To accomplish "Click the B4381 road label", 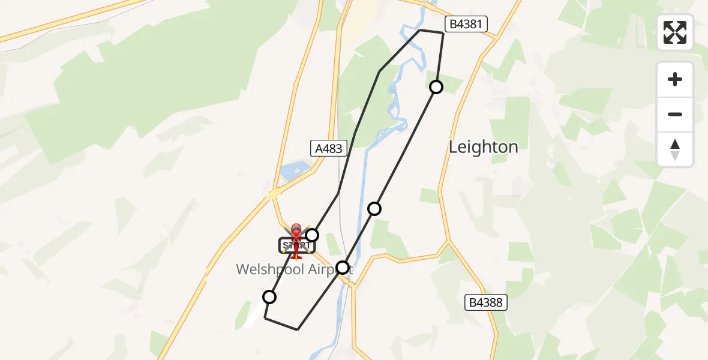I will coord(466,24).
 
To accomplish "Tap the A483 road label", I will coord(329,148).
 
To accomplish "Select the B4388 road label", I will coord(487,303).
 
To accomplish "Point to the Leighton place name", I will coord(483,147).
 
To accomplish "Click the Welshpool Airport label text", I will coord(294,269).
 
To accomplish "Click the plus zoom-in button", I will coord(675,79).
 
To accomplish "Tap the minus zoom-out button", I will coord(675,114).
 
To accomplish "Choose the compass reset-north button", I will coord(675,149).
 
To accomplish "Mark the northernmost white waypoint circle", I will coord(436,87).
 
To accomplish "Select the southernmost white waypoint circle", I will coord(269,296).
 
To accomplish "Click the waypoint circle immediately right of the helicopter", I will coord(312,235).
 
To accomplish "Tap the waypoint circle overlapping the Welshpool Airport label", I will coord(343,267).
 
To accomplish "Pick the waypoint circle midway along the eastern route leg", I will coord(374,208).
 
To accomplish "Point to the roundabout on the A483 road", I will coord(274,194).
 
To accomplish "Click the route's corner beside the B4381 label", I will coord(443,33).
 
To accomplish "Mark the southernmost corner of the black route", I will coord(298,329).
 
